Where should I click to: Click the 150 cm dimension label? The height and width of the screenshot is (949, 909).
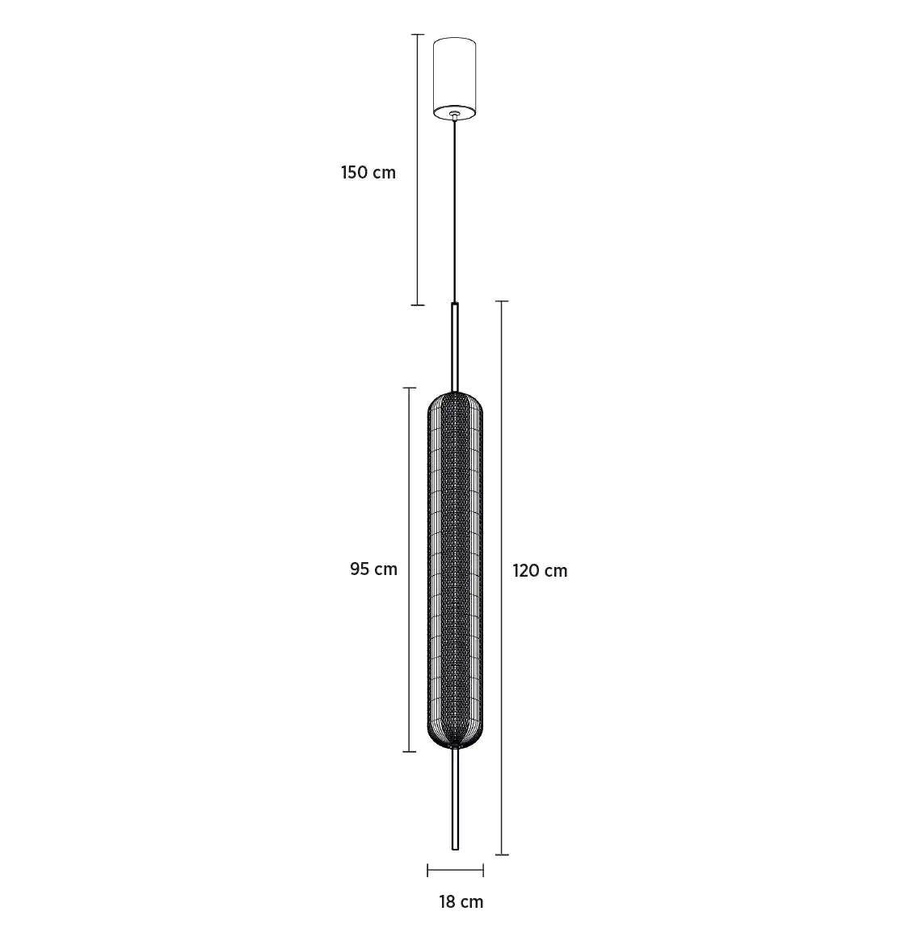(368, 173)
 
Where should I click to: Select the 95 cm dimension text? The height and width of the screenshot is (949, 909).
(373, 569)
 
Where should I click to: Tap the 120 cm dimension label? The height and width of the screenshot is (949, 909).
(541, 571)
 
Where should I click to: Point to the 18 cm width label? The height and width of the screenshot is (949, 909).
(461, 902)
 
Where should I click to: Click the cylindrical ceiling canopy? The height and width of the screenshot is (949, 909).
(454, 78)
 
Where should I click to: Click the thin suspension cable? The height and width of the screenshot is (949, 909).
(455, 211)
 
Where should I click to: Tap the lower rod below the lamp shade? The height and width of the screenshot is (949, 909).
(455, 799)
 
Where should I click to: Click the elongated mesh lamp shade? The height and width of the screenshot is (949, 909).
(456, 569)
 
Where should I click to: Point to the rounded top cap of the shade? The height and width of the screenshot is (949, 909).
(456, 401)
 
